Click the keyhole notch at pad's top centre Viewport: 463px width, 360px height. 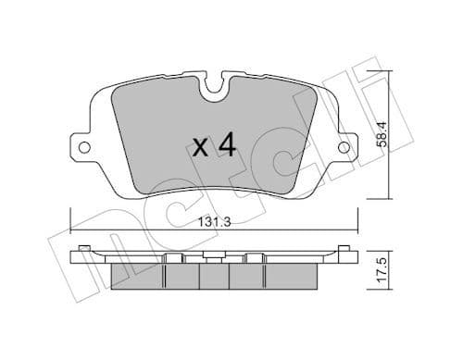pos(215,91)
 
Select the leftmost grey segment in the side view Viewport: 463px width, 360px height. pos(136,276)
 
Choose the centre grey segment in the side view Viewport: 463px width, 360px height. pos(214,276)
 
